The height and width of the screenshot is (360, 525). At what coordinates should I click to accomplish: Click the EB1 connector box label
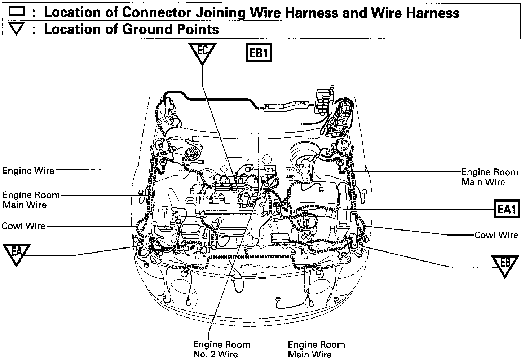(259, 53)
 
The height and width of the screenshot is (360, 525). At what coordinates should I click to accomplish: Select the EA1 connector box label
(507, 209)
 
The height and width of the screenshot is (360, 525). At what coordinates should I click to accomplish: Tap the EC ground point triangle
(202, 52)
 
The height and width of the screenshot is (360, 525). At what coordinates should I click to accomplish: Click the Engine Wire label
(28, 170)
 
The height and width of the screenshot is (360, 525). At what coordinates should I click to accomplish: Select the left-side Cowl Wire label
(24, 226)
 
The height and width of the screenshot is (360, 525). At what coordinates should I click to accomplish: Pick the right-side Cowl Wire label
(496, 235)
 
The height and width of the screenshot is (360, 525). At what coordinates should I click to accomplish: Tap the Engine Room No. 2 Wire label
(221, 349)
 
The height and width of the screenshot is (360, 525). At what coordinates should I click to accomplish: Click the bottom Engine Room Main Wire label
(316, 349)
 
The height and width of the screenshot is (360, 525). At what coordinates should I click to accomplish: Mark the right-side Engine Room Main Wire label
(485, 177)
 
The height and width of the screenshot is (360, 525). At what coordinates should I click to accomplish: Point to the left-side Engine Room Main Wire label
(31, 200)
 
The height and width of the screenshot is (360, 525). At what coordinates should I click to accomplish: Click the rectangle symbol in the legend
(17, 12)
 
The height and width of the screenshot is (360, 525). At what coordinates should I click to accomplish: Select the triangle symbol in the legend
(17, 30)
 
